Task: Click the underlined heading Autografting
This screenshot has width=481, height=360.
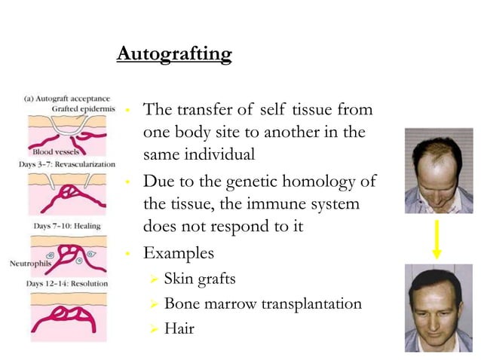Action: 174,55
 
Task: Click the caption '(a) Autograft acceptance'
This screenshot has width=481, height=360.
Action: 67,98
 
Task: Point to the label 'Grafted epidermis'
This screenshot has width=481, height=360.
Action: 83,108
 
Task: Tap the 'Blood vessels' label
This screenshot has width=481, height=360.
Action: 46,152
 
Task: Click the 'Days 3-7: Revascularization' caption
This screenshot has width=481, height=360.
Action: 67,163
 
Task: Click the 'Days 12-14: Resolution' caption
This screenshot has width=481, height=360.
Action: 66,283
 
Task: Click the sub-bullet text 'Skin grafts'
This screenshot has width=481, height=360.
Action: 200,279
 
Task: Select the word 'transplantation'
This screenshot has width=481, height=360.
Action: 311,304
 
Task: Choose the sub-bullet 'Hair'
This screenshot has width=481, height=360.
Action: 179,328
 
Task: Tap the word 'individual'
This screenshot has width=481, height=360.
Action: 219,154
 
